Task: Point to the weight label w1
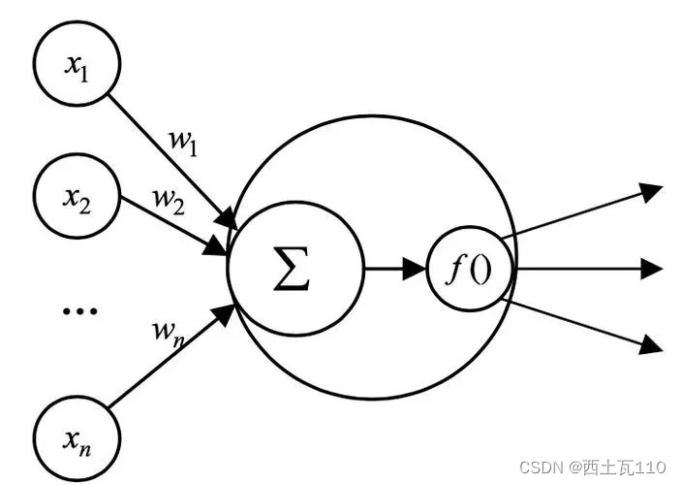[x=183, y=142]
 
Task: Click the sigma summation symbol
[x=292, y=269]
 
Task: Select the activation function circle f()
[x=471, y=269]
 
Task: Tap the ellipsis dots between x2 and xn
[x=78, y=311]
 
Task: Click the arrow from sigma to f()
[x=392, y=269]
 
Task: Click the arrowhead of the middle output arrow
[x=653, y=268]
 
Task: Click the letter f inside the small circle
[x=459, y=269]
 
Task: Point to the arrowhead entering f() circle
[x=418, y=269]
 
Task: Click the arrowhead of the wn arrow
[x=227, y=313]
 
